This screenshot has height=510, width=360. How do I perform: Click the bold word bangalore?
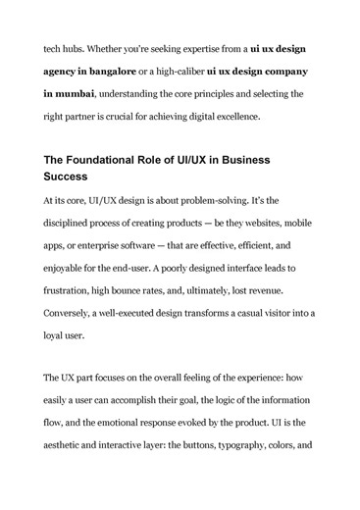click(123, 72)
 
